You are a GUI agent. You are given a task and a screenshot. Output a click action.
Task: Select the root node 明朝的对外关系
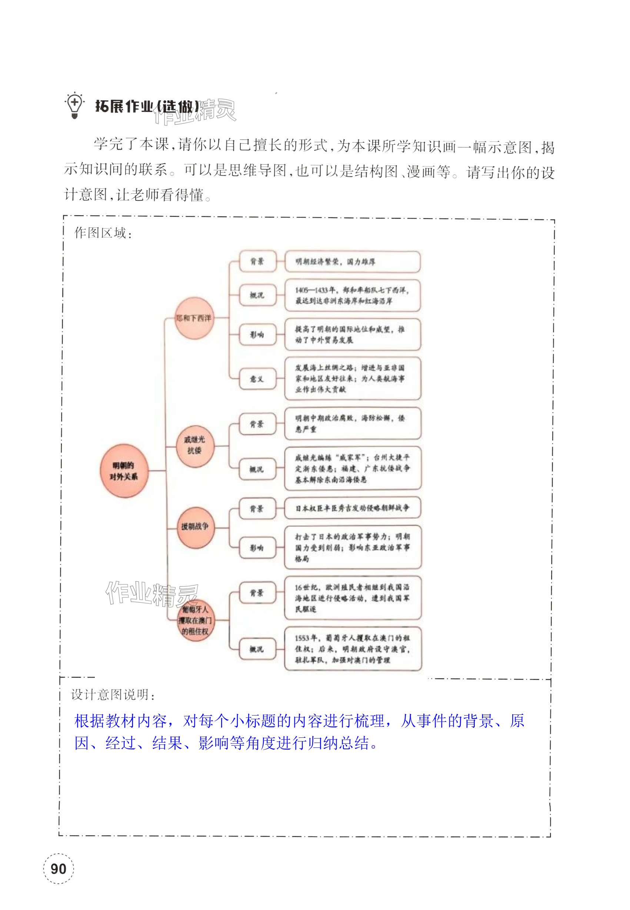(124, 471)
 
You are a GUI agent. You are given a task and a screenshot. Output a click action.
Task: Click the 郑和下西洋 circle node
(194, 318)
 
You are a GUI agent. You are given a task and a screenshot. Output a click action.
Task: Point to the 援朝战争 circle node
(194, 526)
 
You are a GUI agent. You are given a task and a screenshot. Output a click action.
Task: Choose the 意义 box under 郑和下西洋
(257, 379)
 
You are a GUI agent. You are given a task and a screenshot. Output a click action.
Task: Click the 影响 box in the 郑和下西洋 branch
(257, 335)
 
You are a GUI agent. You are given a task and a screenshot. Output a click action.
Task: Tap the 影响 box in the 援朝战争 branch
(257, 548)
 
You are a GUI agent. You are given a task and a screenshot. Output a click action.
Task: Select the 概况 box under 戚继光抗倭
(257, 469)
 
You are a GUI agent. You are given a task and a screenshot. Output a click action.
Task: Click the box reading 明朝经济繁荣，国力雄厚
(352, 261)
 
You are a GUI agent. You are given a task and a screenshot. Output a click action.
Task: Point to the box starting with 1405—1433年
(352, 296)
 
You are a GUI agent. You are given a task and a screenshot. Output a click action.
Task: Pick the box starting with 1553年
(353, 649)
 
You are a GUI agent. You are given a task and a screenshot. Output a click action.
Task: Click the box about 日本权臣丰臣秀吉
(353, 508)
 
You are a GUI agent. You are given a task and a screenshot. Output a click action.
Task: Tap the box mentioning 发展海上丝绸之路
(353, 379)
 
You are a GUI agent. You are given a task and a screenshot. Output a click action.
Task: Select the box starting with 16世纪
(353, 598)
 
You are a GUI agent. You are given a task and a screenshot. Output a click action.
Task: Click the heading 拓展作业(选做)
(147, 107)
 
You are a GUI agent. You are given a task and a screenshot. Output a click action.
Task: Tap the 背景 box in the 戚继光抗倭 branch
(257, 424)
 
